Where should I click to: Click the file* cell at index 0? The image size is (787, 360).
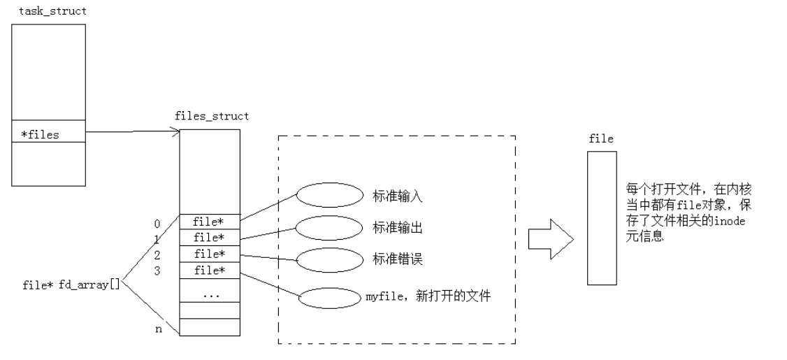point(210,222)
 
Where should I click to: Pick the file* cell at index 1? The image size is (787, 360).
point(210,238)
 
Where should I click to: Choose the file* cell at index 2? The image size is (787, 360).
point(210,253)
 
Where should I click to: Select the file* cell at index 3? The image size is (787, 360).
point(210,269)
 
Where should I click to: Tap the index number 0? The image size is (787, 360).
point(157,224)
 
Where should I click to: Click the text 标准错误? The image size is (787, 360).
point(398,260)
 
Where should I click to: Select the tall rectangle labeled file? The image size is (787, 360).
point(601,217)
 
